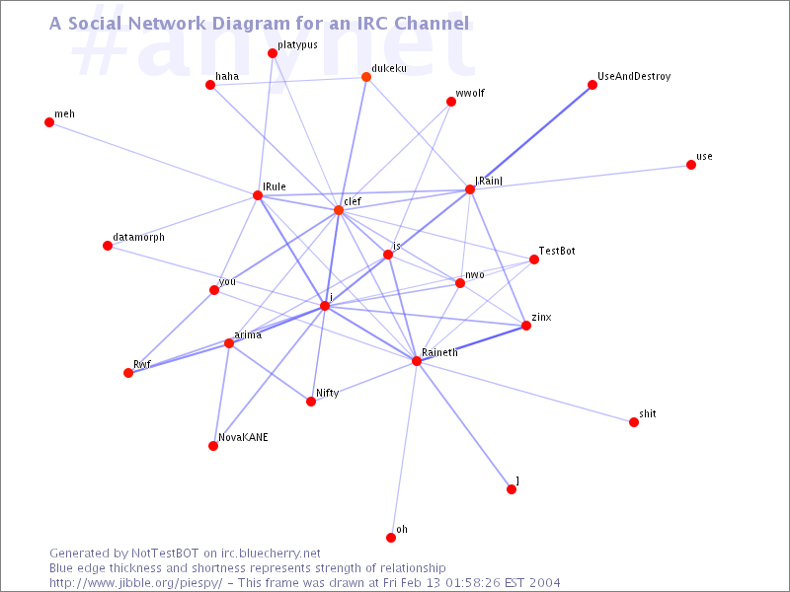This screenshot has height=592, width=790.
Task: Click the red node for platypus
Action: (273, 53)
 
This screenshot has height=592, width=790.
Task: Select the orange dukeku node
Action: (366, 77)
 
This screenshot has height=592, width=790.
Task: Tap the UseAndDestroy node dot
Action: (592, 85)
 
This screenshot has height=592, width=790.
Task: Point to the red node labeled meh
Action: (49, 122)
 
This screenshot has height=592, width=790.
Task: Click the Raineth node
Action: (417, 361)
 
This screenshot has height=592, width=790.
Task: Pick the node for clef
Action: (339, 210)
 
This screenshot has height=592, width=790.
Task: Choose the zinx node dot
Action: (526, 326)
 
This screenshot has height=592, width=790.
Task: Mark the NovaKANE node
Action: (213, 446)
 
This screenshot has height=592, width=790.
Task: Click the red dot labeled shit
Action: (634, 422)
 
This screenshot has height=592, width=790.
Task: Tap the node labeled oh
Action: (391, 538)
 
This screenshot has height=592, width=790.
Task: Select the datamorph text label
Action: (138, 238)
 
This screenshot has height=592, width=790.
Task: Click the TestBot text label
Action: (557, 252)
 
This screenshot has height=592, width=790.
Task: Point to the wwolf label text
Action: (470, 93)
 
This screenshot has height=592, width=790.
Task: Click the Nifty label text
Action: (327, 393)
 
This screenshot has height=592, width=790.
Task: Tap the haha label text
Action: (227, 76)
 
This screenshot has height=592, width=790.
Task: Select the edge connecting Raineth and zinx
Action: (472, 343)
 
